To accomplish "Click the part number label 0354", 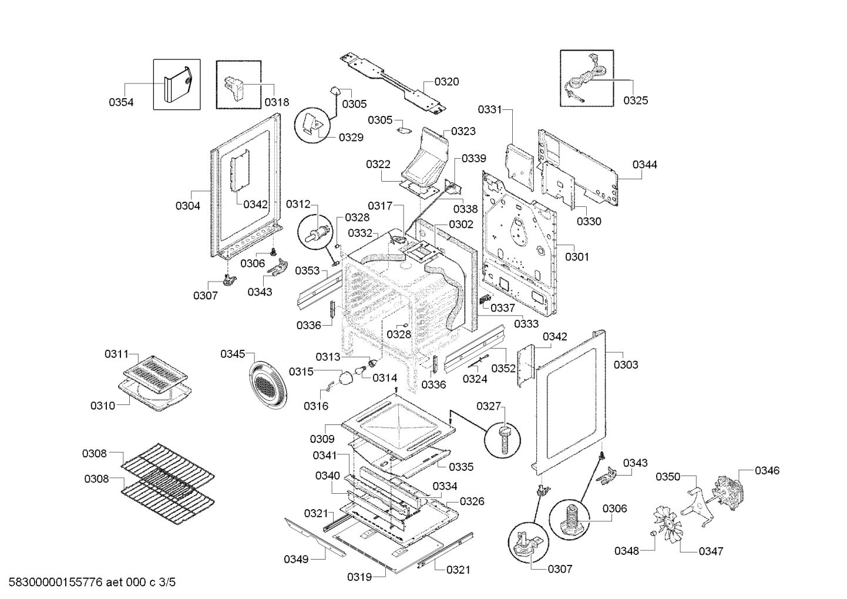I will coord(121,102).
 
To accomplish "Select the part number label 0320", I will coord(446,82).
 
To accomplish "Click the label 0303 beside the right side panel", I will coord(626,365).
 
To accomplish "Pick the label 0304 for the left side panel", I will coord(187,206).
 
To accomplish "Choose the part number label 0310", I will coord(103,406).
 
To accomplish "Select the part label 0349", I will coord(296,559).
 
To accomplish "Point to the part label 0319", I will coord(359,577).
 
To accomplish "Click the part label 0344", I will coord(644,165).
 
